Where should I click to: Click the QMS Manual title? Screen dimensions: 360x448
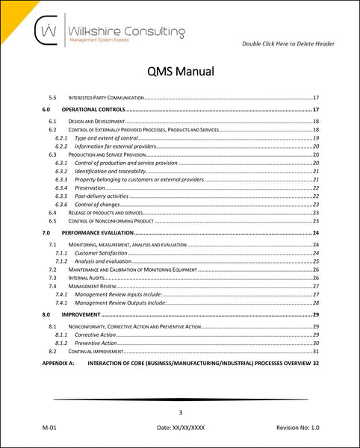(179, 72)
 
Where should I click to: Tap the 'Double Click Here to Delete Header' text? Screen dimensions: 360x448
(288, 44)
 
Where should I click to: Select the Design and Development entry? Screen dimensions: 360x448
(96, 121)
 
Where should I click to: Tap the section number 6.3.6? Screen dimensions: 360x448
(61, 205)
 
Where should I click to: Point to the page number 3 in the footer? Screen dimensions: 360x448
(180, 412)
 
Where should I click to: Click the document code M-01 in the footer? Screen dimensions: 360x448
(51, 429)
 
